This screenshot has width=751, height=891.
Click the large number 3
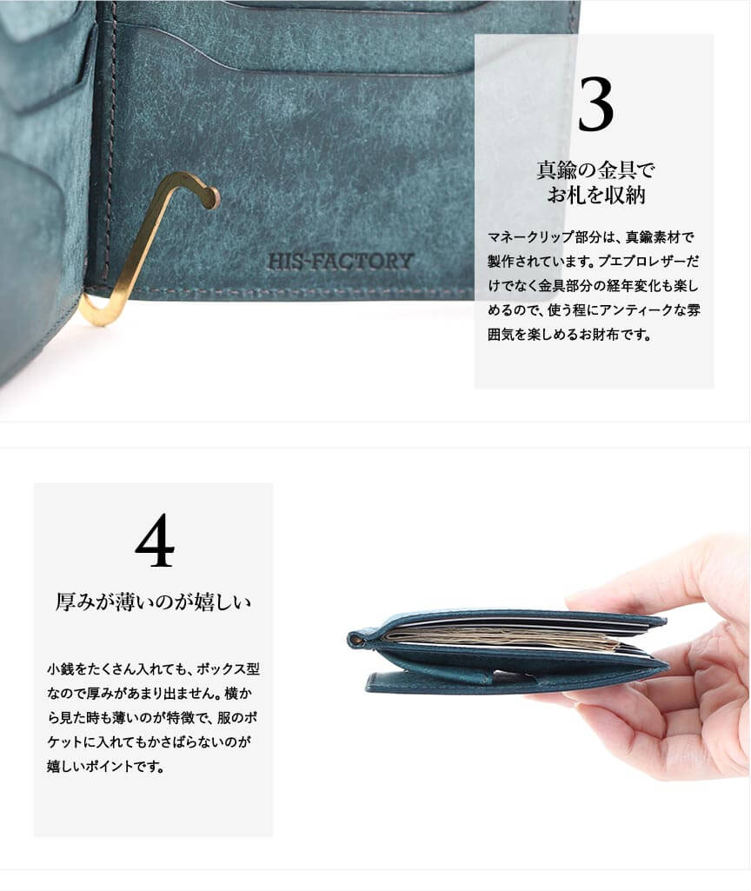595,104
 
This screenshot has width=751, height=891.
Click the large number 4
155,540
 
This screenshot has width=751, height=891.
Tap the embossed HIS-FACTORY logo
340,262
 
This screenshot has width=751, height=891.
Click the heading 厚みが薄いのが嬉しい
153,602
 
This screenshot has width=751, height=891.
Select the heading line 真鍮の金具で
595,170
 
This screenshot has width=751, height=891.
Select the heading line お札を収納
596,195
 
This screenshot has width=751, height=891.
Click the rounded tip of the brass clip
212,197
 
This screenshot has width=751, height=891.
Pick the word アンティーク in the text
628,310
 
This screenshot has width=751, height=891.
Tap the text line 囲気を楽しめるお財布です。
569,335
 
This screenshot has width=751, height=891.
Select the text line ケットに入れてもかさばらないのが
149,742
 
